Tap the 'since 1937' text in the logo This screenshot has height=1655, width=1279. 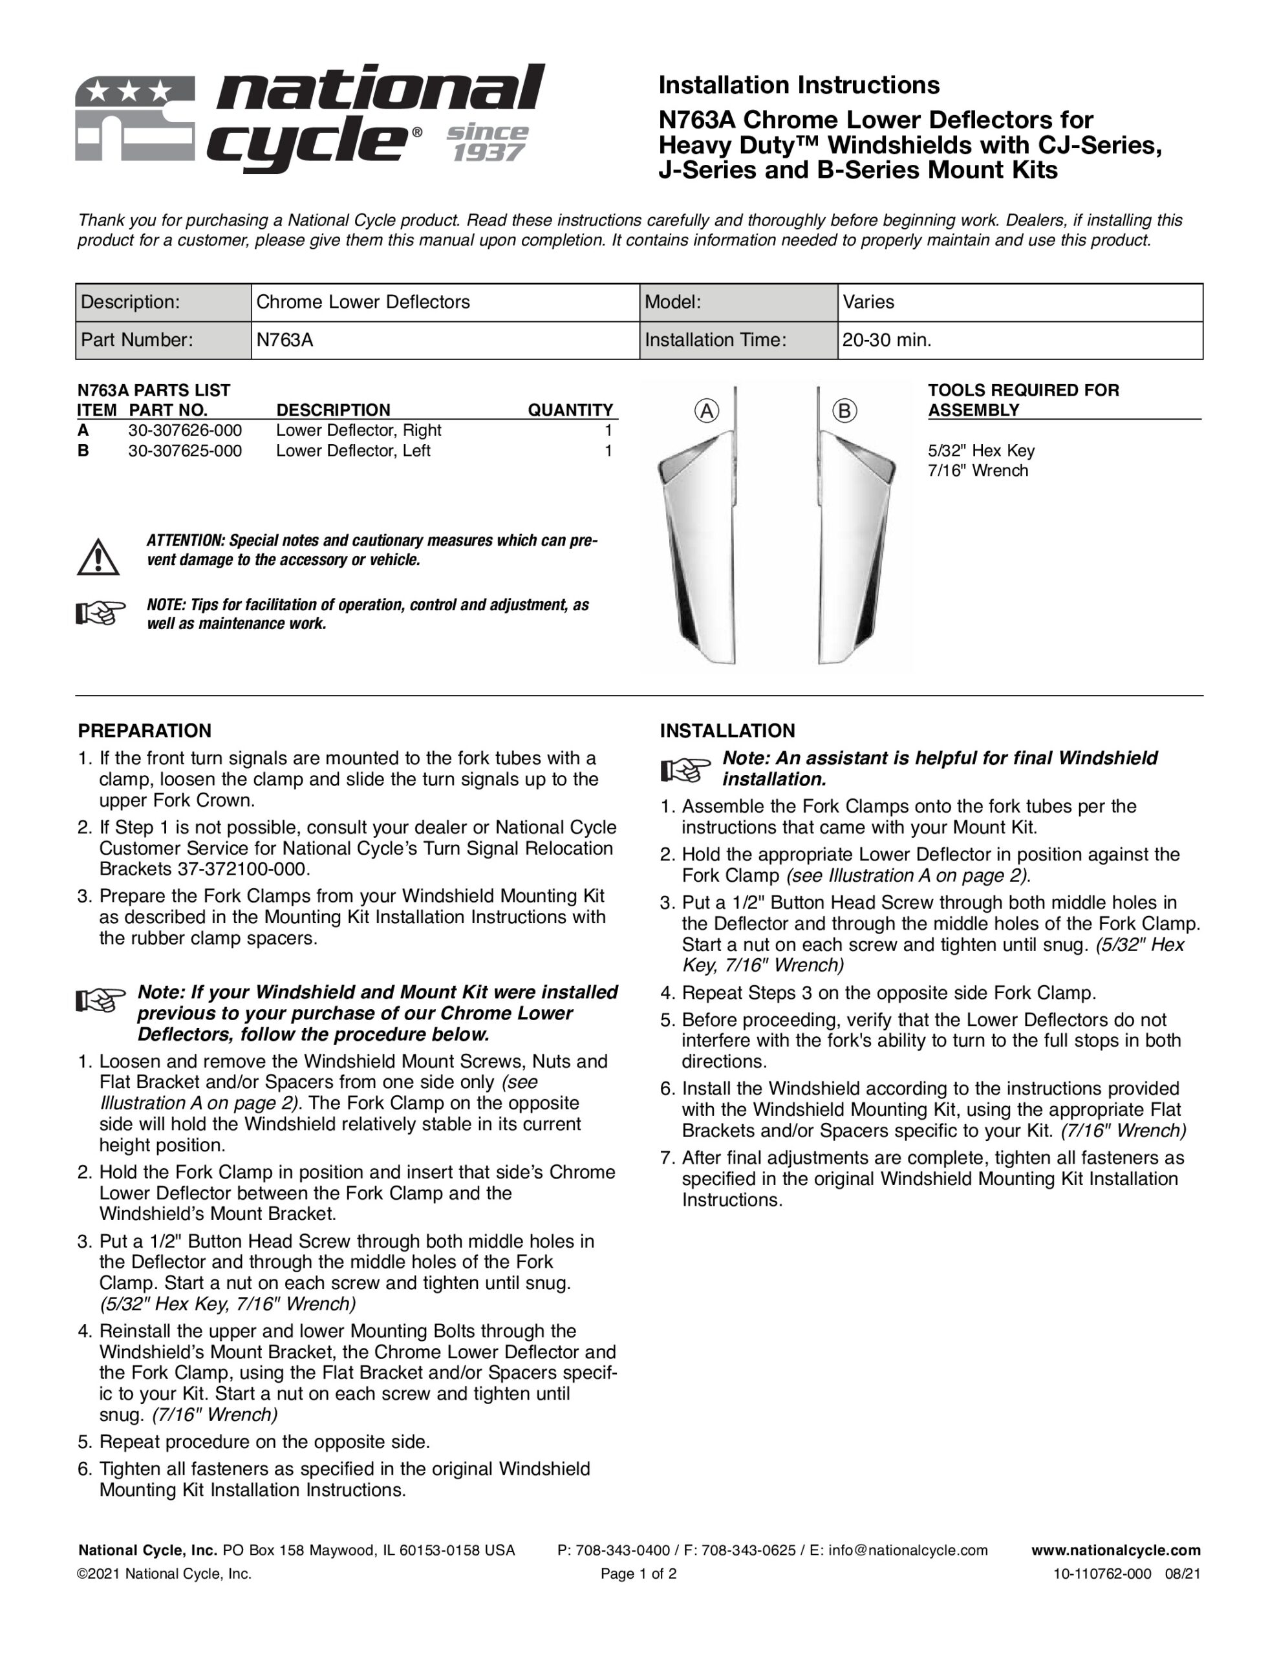pos(488,142)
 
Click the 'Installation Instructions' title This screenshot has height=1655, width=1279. pos(799,85)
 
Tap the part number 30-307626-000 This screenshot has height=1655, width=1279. pos(185,431)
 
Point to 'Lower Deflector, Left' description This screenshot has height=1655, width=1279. pos(352,451)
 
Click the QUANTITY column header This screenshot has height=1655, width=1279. pos(570,410)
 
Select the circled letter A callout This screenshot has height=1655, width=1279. pos(707,411)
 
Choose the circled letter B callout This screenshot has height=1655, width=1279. pos(844,411)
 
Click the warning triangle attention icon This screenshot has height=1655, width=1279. pos(98,558)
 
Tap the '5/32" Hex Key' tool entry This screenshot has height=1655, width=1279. pos(980,451)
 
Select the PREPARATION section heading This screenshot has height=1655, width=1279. pos(144,731)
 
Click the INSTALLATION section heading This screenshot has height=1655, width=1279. pos(727,731)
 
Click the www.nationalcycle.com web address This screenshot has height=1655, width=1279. pos(1115,1550)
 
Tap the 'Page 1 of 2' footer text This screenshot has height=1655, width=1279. pos(638,1574)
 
